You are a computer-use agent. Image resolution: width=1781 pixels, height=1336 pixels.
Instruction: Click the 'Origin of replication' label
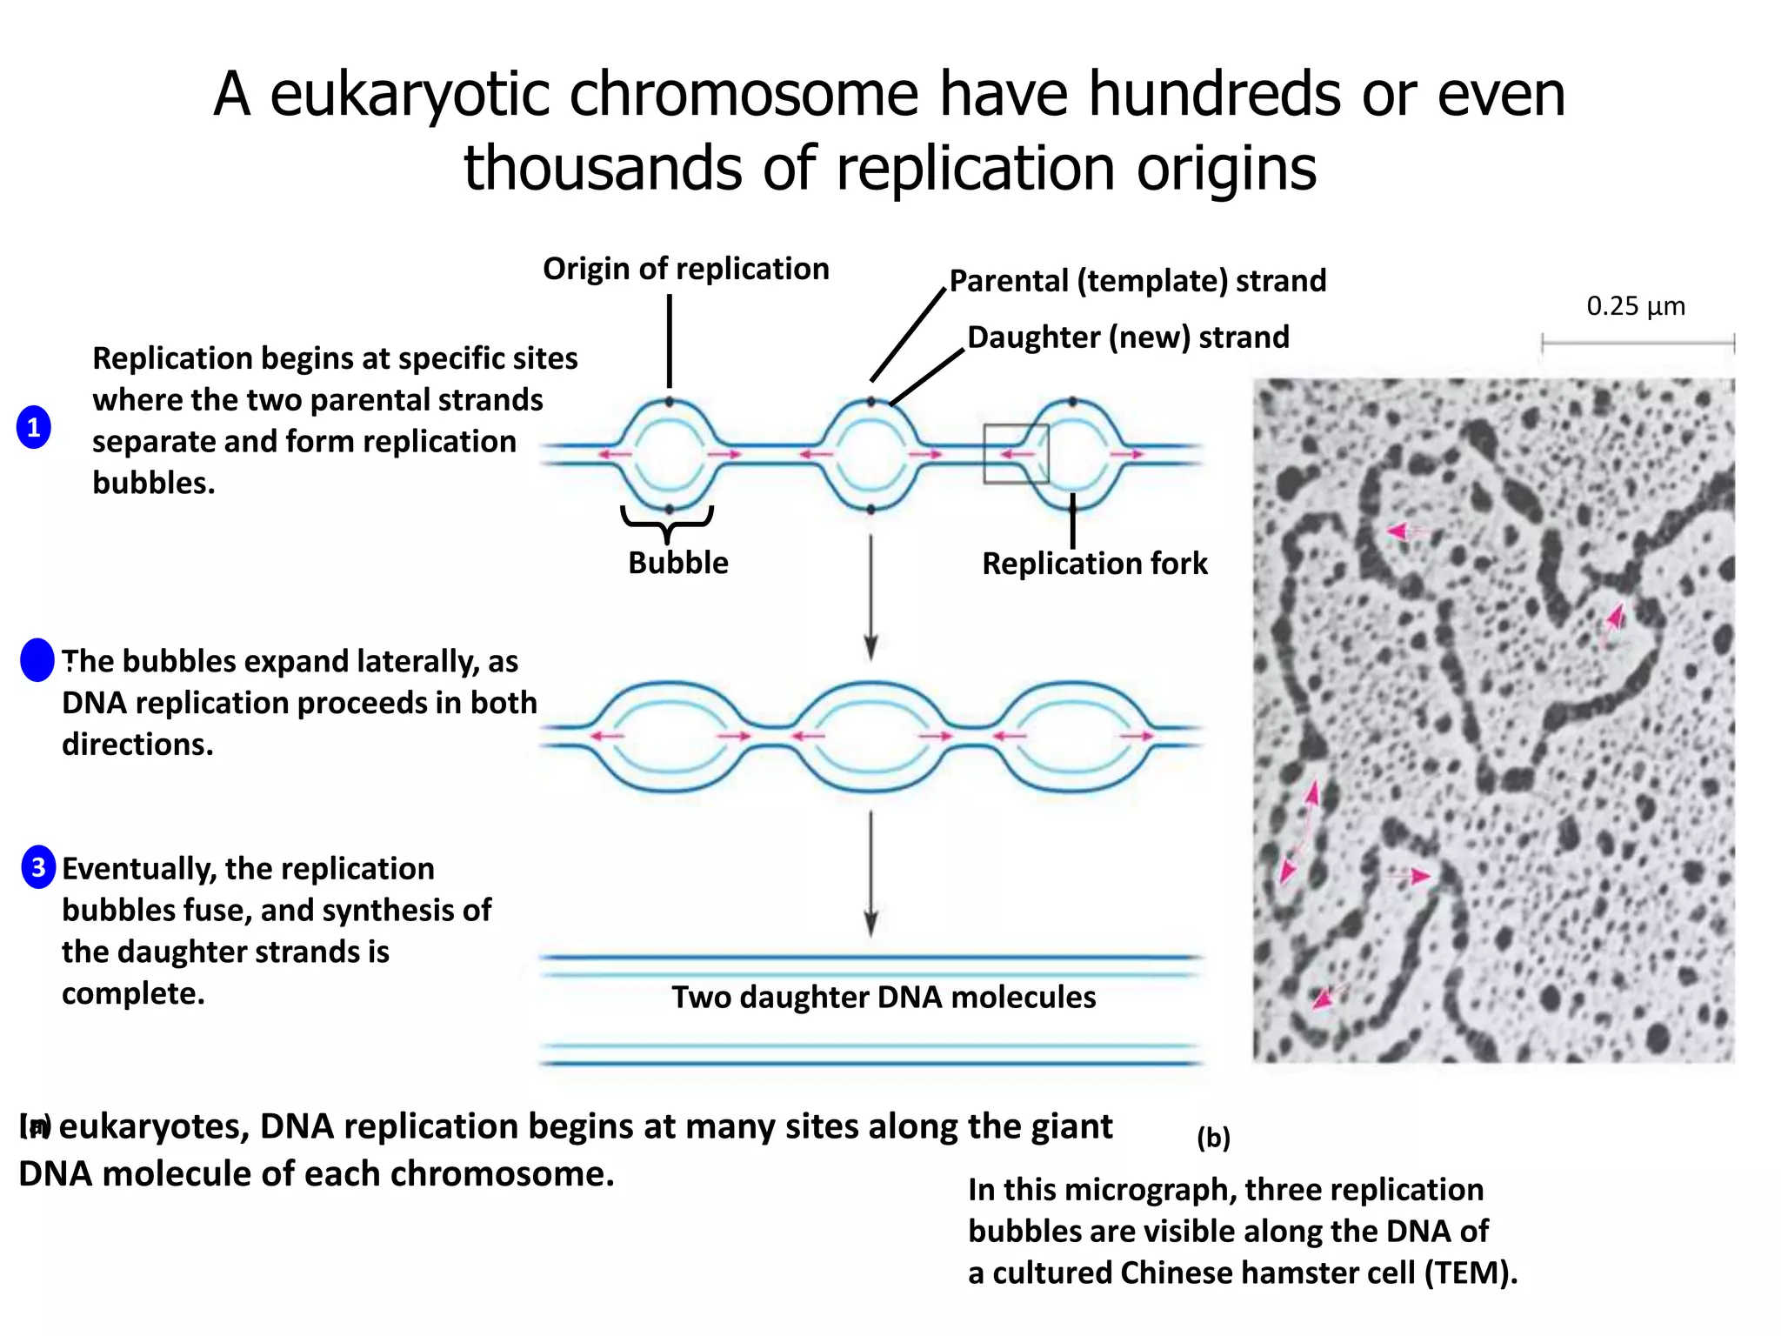(685, 269)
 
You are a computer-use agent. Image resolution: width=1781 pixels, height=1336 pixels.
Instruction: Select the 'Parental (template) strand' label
(1137, 281)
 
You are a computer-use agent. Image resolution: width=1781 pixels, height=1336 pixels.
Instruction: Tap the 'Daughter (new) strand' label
(1128, 337)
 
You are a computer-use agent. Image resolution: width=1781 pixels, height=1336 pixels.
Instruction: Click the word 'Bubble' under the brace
(677, 563)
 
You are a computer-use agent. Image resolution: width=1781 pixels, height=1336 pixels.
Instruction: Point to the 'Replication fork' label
(1094, 564)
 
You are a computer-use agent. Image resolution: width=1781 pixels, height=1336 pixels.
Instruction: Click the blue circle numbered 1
(34, 427)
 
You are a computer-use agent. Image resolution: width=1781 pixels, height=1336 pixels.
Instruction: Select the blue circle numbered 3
(38, 867)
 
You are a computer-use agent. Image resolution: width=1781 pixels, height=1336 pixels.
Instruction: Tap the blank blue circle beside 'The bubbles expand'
(37, 660)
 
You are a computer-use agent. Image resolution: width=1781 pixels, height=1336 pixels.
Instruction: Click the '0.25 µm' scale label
(1635, 306)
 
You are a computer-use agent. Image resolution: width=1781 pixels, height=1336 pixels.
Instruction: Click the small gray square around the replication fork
(1016, 454)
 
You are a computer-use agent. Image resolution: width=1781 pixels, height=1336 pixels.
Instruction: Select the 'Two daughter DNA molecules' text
(883, 997)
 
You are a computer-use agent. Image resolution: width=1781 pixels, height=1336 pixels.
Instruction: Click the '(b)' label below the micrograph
(1213, 1137)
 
